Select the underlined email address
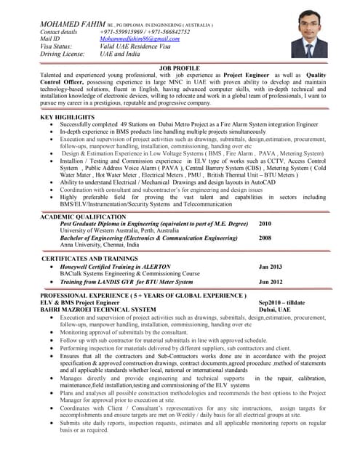pyautogui.click(x=140, y=39)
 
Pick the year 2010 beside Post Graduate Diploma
pyautogui.click(x=265, y=224)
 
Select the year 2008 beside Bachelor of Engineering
pyautogui.click(x=265, y=238)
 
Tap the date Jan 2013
pyautogui.click(x=271, y=267)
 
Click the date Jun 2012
pyautogui.click(x=271, y=281)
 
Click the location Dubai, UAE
pyautogui.click(x=275, y=310)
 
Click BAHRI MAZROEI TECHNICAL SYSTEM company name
pyautogui.click(x=98, y=310)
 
